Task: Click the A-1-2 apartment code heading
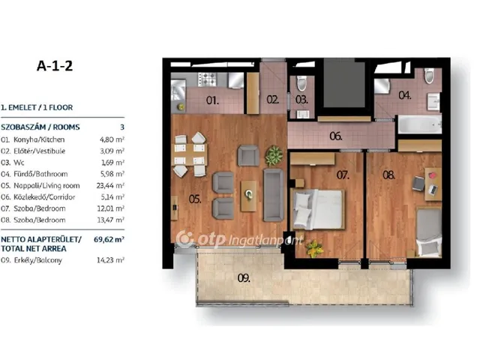pos(55,66)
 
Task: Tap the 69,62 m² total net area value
pos(109,239)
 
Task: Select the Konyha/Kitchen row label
pos(39,139)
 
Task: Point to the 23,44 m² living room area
pos(110,185)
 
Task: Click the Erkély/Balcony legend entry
pos(38,260)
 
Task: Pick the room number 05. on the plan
pos(195,199)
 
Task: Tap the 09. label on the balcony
pos(244,278)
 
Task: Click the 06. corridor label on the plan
pos(335,136)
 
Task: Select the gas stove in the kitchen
pos(207,79)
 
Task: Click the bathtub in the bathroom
pos(420,124)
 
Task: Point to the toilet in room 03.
pos(301,83)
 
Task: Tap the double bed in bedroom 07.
pos(318,209)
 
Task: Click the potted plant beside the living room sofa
pos(274,155)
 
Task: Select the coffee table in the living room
pos(248,196)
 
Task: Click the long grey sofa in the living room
pos(273,195)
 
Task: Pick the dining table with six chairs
pos(190,154)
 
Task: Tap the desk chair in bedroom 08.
pos(418,183)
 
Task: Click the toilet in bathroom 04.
pos(429,76)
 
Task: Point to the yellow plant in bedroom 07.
pos(313,248)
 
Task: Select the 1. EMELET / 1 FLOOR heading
pos(37,108)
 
